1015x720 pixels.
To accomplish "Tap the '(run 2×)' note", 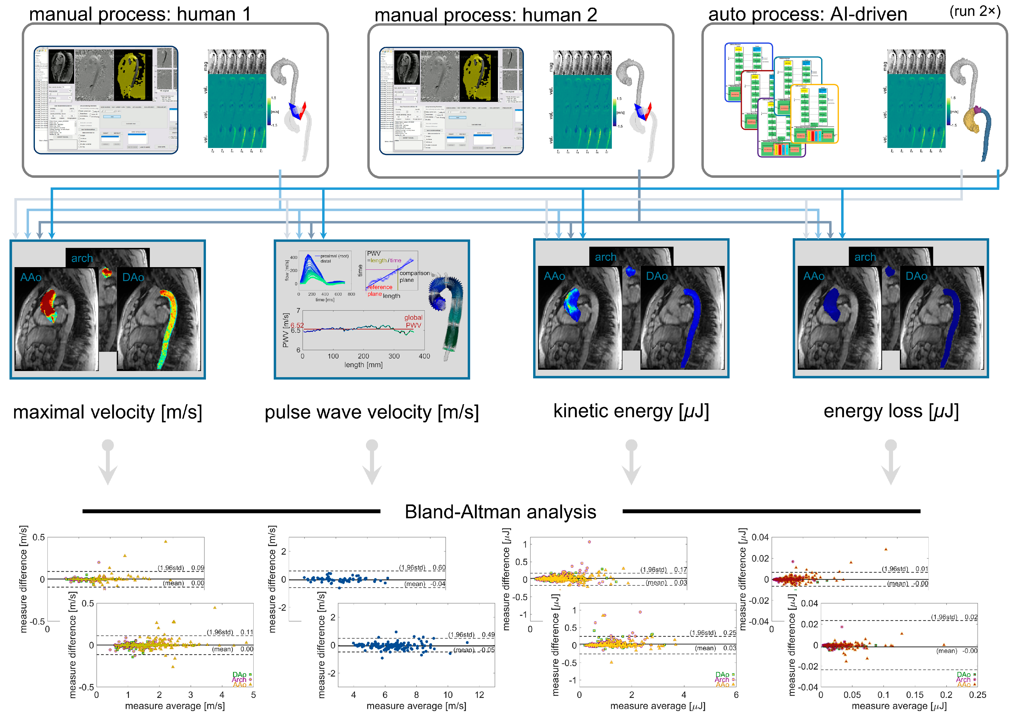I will point(975,11).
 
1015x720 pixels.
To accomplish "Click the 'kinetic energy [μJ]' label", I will point(631,411).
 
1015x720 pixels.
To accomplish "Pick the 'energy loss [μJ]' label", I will point(891,411).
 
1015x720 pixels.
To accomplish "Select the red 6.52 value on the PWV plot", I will point(297,325).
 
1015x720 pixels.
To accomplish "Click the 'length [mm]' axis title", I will point(363,365).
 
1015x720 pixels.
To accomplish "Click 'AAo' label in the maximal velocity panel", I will point(31,278).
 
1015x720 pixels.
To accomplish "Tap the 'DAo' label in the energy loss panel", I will point(916,276).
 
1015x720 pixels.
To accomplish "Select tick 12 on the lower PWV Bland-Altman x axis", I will point(479,695).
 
